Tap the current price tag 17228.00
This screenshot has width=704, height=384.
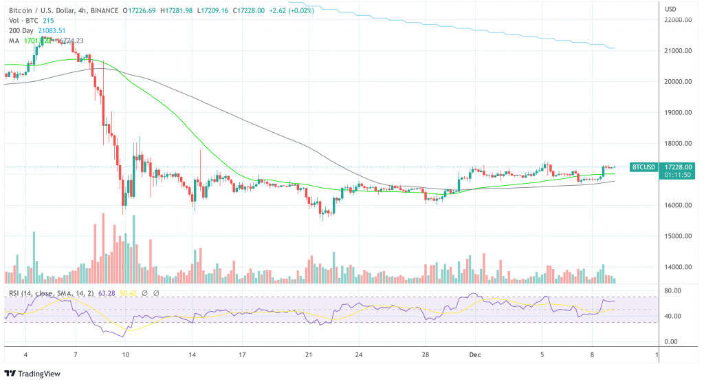[x=677, y=167]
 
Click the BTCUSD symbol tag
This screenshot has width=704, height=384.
[x=643, y=167]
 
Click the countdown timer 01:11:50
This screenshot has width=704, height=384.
[x=677, y=175]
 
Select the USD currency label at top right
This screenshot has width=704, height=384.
[x=672, y=8]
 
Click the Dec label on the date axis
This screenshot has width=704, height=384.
[x=474, y=355]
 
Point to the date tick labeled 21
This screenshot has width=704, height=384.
[x=309, y=355]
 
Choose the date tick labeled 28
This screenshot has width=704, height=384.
[x=425, y=355]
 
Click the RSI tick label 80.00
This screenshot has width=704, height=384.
[x=672, y=291]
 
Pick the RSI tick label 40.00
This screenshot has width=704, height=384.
[x=672, y=317]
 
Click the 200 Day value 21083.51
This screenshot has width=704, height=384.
[x=52, y=30]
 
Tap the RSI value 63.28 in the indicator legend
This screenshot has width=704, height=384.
[x=107, y=294]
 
